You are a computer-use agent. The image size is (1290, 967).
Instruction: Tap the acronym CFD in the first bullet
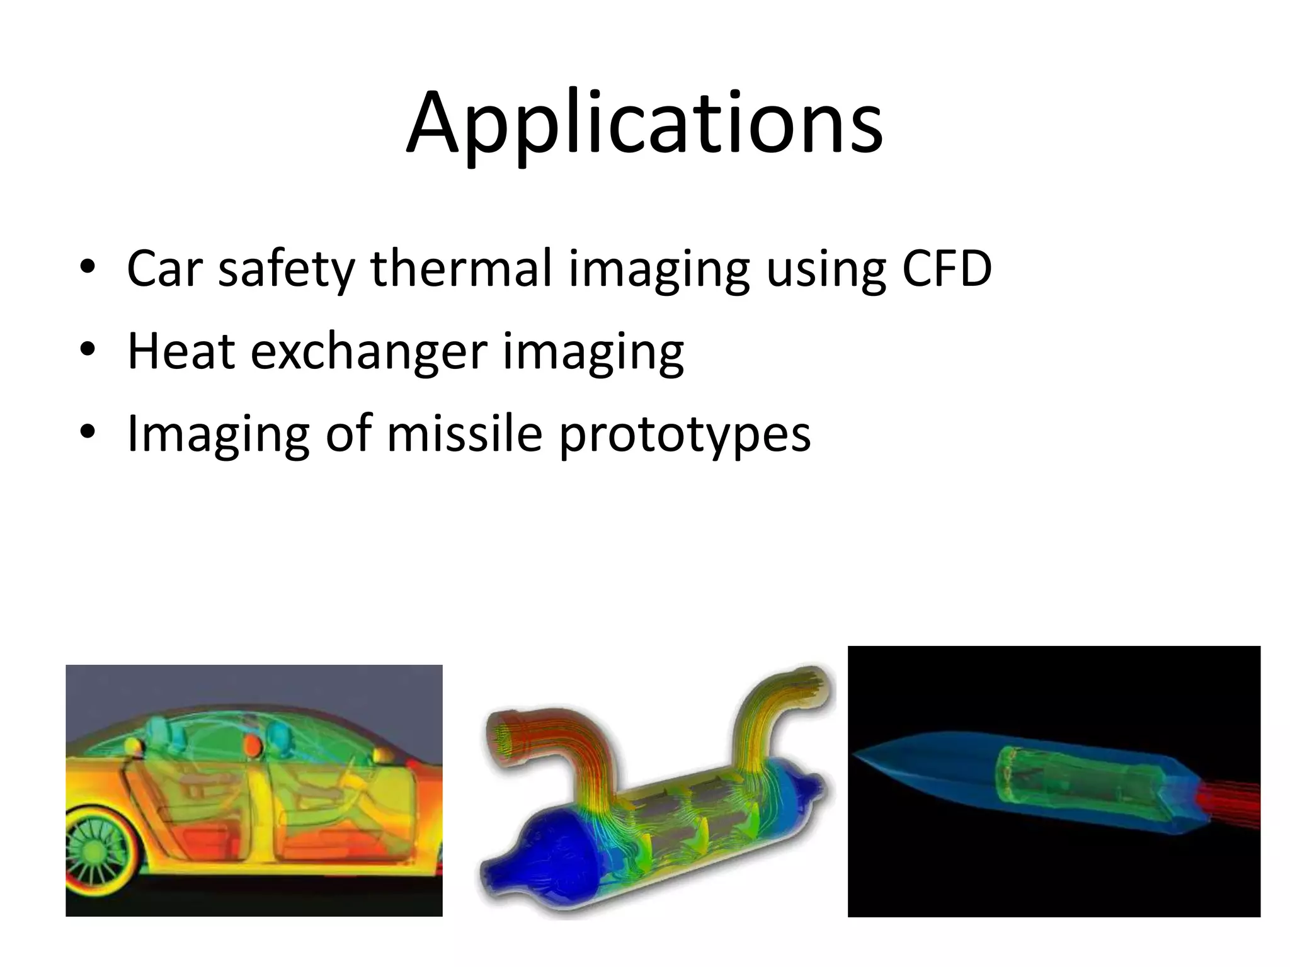tap(947, 269)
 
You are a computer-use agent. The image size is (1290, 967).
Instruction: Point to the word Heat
tap(181, 351)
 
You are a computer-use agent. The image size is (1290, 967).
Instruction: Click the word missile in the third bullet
tap(464, 433)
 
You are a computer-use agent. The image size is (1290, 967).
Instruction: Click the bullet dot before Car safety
tap(88, 269)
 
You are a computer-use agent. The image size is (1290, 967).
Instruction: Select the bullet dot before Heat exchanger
tap(88, 351)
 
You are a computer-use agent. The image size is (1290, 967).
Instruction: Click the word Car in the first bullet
tap(164, 269)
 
